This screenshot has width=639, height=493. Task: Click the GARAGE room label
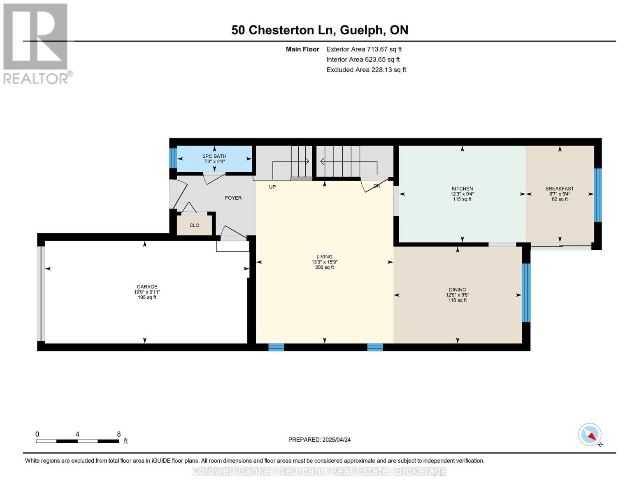(x=147, y=287)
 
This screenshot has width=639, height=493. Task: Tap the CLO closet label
(x=194, y=225)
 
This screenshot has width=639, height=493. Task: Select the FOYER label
(x=233, y=198)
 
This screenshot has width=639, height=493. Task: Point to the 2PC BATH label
(x=214, y=156)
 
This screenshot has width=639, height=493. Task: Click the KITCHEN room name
(x=462, y=189)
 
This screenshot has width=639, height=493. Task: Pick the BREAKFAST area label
(x=559, y=189)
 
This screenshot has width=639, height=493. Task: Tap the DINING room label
(x=457, y=290)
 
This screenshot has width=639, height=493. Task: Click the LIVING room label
(x=324, y=257)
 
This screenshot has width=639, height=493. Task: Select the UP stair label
(x=272, y=187)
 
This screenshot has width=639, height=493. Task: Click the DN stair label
(x=377, y=186)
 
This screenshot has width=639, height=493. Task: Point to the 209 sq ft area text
(x=324, y=267)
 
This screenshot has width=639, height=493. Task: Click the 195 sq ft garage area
(x=147, y=297)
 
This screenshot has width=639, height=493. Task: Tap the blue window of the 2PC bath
(x=173, y=158)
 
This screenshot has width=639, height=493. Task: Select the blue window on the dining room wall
(x=526, y=293)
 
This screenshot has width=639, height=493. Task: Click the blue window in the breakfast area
(x=598, y=195)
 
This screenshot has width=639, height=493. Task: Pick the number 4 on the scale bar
(x=77, y=434)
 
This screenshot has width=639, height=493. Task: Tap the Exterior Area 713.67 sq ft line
(x=364, y=49)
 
